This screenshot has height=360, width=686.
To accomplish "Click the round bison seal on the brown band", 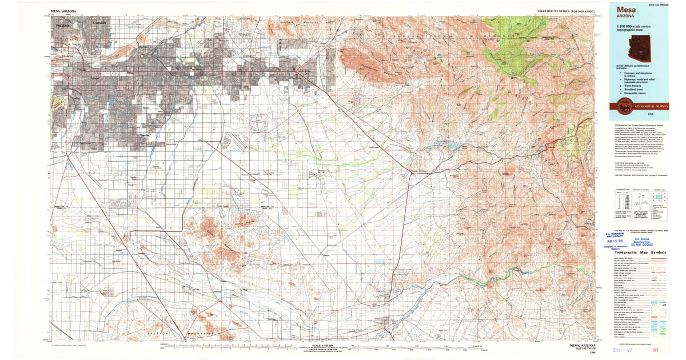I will click(x=621, y=106).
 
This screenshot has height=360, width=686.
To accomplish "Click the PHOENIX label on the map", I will click(x=62, y=26).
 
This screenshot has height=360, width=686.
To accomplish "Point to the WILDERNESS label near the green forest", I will click(x=487, y=36).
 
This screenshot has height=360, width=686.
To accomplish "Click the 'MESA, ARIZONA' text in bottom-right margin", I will click(x=583, y=345).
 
